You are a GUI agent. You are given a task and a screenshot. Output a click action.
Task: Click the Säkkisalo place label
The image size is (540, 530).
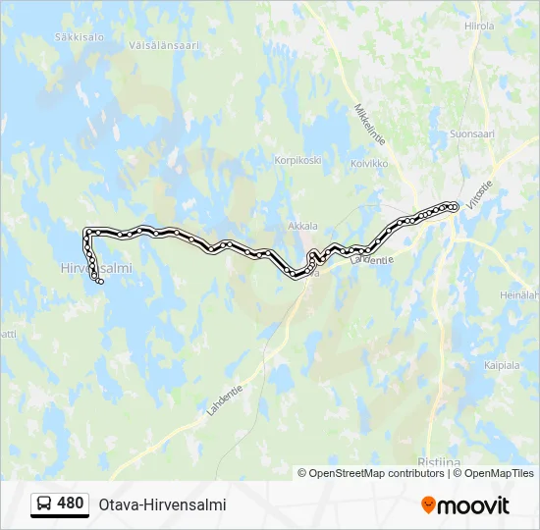[81, 36]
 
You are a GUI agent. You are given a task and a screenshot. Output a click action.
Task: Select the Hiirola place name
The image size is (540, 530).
[479, 26]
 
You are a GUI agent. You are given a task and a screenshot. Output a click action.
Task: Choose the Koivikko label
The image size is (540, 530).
[369, 163]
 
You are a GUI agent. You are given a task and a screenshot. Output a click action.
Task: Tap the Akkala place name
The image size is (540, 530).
[302, 226]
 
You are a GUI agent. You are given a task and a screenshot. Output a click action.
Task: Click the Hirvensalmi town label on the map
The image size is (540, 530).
[95, 267]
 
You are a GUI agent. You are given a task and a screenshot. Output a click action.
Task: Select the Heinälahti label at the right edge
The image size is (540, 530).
[519, 294]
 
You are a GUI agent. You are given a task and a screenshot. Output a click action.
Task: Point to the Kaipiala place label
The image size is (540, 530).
[502, 365]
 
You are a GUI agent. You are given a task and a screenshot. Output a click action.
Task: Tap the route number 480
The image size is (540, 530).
[71, 503]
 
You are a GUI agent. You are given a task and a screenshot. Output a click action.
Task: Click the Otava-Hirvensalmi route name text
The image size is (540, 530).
[162, 504]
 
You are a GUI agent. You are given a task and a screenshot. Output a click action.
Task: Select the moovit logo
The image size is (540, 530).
[465, 505]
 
